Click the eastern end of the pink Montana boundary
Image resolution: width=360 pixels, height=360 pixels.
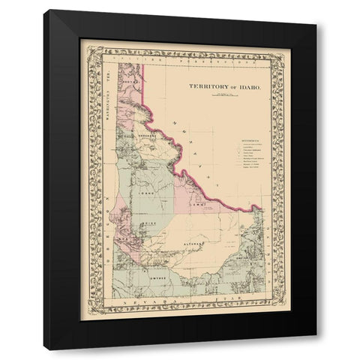tap(260, 207)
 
